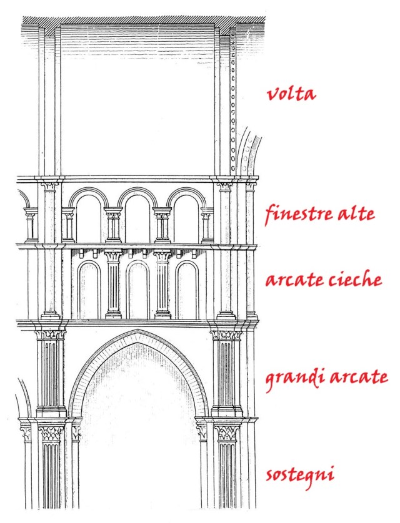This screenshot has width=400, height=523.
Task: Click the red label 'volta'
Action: (x=291, y=95)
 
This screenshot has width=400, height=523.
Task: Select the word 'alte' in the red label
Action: (x=354, y=214)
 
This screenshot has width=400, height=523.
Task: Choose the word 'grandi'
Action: (x=292, y=379)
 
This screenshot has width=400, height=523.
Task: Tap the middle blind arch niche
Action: (x=138, y=290)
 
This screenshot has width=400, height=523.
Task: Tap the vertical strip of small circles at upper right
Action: (x=234, y=106)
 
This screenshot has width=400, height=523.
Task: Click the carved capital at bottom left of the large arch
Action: (x=49, y=432)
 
